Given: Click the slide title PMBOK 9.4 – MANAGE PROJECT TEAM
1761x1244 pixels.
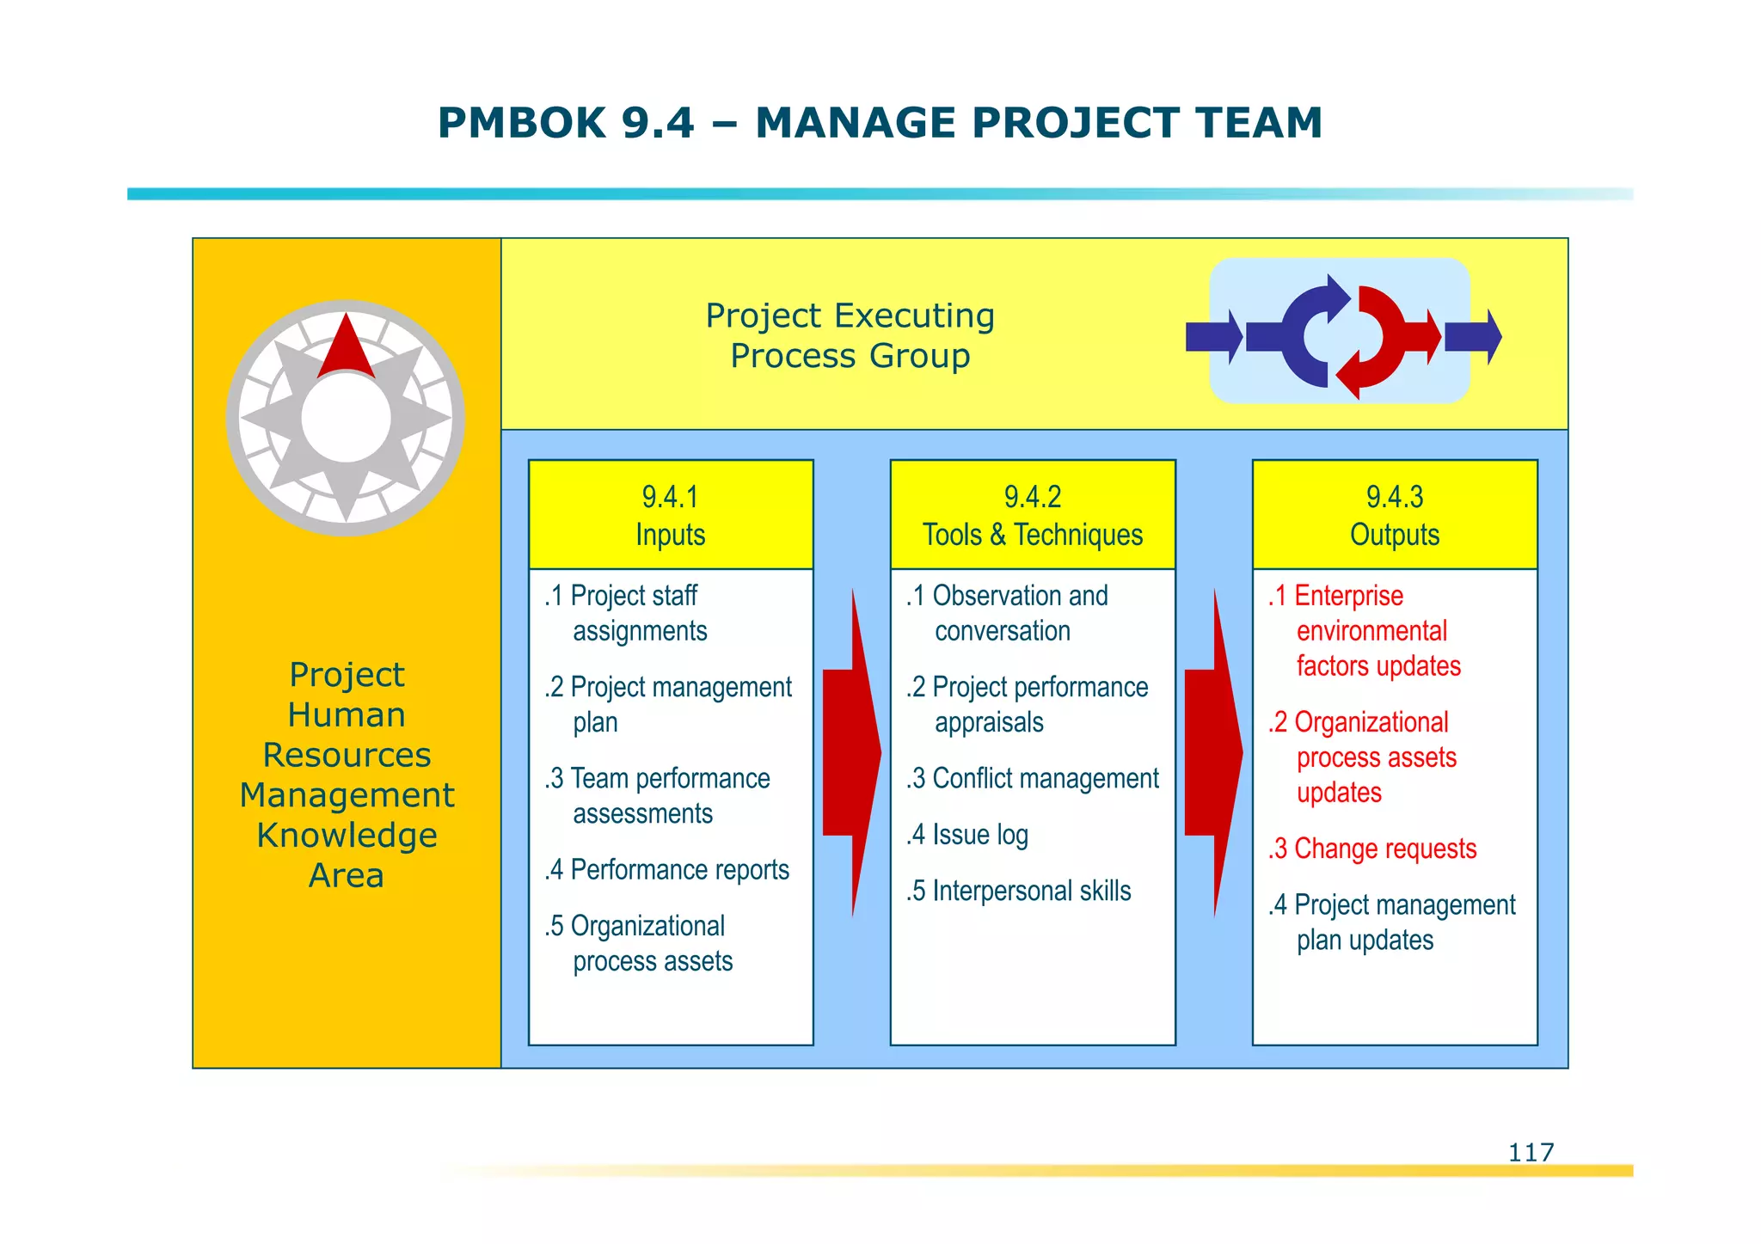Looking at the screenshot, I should [880, 123].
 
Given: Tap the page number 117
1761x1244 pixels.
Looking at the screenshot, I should [1531, 1152].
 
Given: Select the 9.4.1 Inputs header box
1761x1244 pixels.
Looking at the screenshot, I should [671, 515].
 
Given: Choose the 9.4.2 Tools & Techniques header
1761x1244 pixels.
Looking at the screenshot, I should [1033, 515].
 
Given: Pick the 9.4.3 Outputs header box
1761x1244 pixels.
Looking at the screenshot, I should [1395, 515].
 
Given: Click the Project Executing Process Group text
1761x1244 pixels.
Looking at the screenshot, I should [850, 335].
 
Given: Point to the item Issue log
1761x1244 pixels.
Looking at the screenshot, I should [967, 835].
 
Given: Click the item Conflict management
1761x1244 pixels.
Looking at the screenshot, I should [1033, 779].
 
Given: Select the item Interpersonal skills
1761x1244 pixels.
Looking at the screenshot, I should [1019, 891].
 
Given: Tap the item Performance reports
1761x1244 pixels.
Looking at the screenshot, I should [667, 870].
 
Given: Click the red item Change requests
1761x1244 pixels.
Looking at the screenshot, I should [1372, 849].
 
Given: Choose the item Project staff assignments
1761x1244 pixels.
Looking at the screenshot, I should [626, 613].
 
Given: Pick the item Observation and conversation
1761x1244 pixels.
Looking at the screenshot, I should [1007, 613].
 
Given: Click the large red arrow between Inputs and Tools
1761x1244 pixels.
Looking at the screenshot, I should [851, 753].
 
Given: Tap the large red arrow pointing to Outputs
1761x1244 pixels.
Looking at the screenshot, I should [1213, 753].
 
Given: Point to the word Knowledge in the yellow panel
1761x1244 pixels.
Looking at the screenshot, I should [347, 836].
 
